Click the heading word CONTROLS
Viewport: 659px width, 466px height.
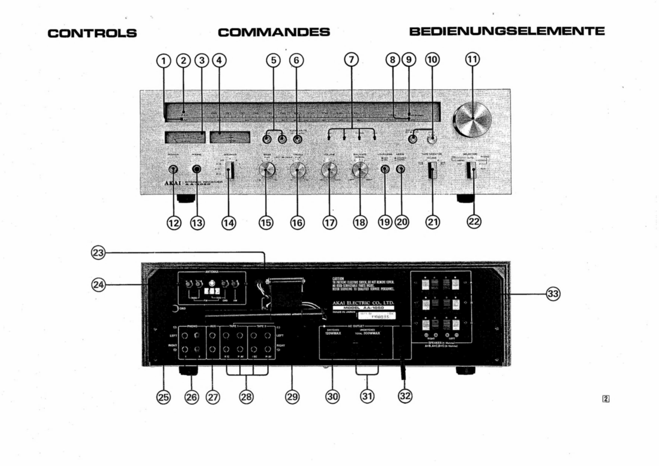click(x=92, y=33)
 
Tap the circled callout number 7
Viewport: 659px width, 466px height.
click(x=352, y=60)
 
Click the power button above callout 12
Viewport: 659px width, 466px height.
click(x=173, y=169)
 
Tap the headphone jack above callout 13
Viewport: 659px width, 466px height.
click(x=196, y=169)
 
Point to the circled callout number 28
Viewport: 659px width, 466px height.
click(x=246, y=397)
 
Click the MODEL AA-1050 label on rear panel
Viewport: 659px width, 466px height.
click(x=363, y=308)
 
